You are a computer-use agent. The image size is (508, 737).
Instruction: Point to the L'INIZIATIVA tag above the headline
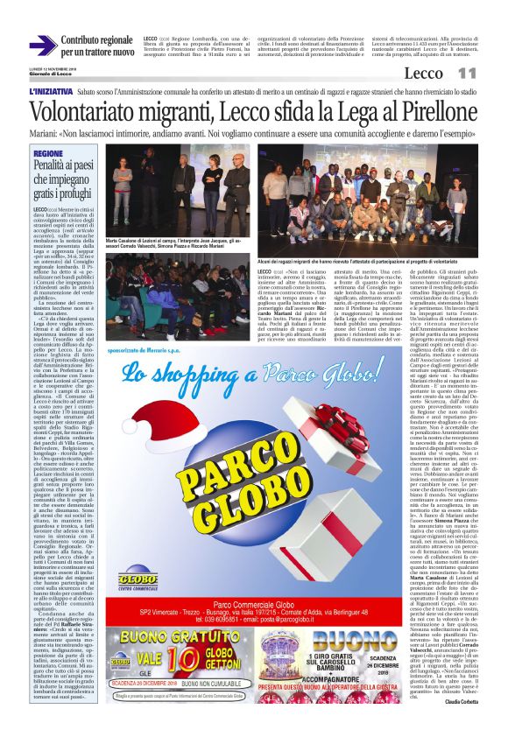pyautogui.click(x=50, y=91)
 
